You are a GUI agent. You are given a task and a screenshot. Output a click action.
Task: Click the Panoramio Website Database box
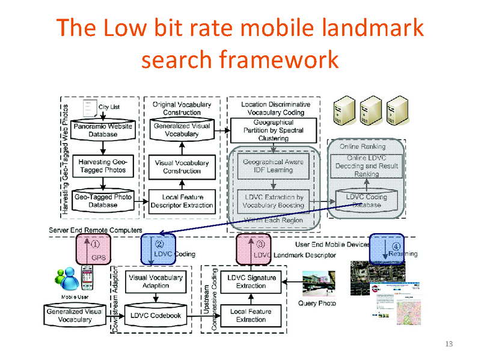(102, 130)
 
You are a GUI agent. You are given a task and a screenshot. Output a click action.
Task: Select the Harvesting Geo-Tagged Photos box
(102, 166)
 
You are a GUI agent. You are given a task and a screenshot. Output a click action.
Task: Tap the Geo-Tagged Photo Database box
(102, 201)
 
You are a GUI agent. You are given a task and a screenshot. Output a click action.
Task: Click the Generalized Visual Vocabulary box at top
(182, 130)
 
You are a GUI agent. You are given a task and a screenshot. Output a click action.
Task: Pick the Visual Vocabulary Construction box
(182, 166)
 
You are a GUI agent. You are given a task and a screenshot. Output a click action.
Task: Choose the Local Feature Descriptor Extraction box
(182, 201)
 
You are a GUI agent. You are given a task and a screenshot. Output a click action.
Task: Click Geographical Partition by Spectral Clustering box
(274, 130)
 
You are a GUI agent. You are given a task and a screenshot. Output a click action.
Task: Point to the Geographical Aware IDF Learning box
(273, 166)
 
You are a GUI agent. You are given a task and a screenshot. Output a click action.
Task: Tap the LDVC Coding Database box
(367, 201)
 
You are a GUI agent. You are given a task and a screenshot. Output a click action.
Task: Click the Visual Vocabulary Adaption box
(155, 282)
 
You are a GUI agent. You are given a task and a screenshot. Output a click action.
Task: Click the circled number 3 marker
(260, 245)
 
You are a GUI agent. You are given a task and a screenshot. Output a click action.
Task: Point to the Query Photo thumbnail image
(316, 283)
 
